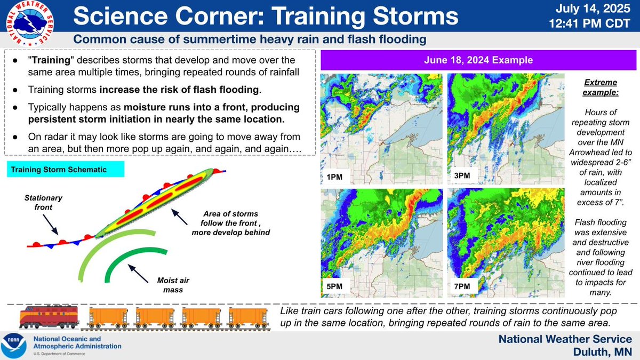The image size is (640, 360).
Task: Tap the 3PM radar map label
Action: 461,175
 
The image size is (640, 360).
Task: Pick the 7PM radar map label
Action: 461,286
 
